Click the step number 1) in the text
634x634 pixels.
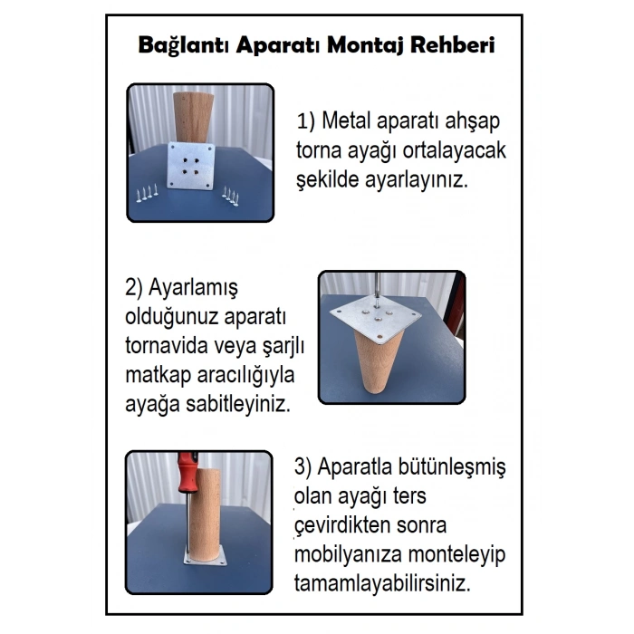(x=307, y=122)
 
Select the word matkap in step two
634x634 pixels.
(x=155, y=375)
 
